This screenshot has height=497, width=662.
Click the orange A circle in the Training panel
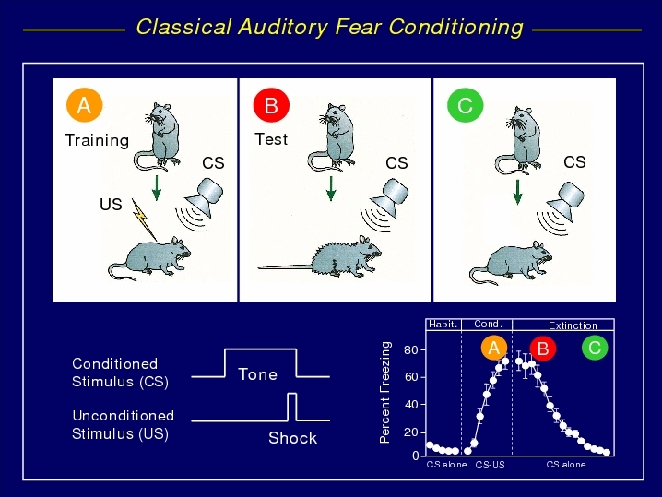pos(84,105)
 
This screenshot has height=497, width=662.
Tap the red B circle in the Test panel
pos(271,105)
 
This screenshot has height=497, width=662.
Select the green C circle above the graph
pos(595,348)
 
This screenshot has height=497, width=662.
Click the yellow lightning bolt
pos(143,219)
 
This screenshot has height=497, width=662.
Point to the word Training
pos(97,140)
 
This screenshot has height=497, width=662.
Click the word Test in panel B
pos(271,139)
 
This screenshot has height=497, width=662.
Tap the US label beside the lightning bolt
pos(111,205)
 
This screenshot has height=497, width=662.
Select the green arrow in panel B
pos(331,188)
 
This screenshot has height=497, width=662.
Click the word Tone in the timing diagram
pos(257,374)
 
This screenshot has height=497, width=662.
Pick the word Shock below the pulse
pos(292,438)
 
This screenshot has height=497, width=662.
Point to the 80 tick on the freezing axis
pos(411,350)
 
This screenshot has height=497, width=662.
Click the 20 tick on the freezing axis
pos(411,432)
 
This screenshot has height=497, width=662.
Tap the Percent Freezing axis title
pos(384,392)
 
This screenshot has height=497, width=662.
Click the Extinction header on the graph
pos(573,325)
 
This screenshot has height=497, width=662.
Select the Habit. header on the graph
pos(443,325)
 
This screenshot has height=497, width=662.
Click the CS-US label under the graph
pos(490,465)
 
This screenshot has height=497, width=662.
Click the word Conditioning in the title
pos(455,28)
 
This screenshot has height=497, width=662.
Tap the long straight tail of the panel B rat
pos(286,266)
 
